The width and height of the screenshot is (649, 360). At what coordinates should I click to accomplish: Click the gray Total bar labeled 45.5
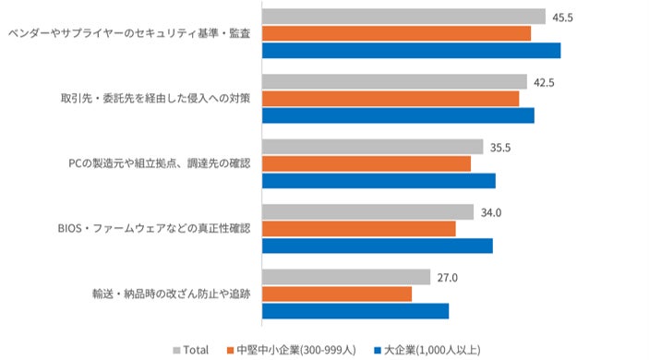tap(403, 17)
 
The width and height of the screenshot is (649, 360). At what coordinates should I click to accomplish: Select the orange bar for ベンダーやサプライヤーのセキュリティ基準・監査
tap(397, 33)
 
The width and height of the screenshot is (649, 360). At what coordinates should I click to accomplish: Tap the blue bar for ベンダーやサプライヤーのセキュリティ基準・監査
tap(412, 51)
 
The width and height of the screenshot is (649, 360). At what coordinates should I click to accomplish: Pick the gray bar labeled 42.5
tap(394, 81)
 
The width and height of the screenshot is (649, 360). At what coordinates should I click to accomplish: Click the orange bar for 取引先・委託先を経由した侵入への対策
tap(391, 99)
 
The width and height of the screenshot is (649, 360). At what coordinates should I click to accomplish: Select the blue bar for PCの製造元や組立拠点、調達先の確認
tap(379, 181)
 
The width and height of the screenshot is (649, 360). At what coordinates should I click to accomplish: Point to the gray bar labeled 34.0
tap(367, 212)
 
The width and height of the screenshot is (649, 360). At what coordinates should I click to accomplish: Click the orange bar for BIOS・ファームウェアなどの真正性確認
tap(359, 229)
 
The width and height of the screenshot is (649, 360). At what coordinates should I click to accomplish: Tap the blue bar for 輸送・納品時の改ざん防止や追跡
tap(355, 311)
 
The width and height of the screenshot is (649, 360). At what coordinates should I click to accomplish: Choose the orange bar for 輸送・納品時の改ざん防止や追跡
tap(337, 294)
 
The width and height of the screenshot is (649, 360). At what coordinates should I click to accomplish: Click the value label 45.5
tap(562, 18)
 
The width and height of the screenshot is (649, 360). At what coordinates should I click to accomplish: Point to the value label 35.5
tap(500, 148)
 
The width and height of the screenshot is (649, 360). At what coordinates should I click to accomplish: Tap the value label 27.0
tap(448, 278)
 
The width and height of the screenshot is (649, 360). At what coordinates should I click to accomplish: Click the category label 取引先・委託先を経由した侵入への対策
tap(156, 99)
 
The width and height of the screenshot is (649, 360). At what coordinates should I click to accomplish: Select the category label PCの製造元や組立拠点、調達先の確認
tap(160, 163)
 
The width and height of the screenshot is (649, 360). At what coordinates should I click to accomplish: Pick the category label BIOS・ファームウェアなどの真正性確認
tap(154, 228)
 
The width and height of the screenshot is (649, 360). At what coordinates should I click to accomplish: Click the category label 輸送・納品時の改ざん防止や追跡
tap(172, 294)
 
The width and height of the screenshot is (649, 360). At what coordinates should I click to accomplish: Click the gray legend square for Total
tap(176, 351)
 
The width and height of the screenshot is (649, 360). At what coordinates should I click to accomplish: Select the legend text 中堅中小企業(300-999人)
tap(296, 350)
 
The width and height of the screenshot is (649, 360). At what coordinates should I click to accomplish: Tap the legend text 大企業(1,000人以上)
tap(432, 350)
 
